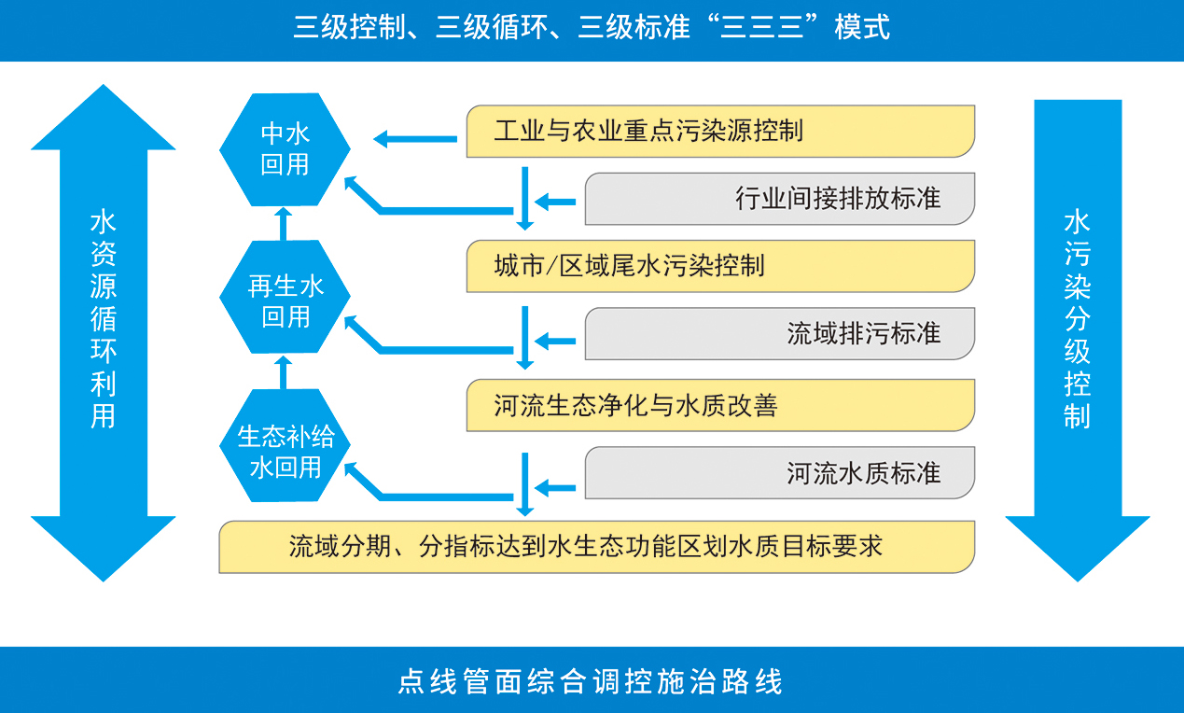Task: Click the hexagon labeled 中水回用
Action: (285, 149)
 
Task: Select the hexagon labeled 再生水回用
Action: (285, 297)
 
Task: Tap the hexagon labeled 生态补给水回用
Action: (285, 445)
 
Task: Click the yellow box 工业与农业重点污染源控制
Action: (720, 131)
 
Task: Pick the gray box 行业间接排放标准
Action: (780, 199)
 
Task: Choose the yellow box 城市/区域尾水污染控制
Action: (720, 266)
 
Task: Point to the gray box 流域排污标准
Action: (780, 333)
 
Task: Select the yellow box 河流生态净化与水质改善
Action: (720, 405)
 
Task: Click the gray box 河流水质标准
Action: (780, 472)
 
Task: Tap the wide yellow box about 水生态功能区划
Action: (597, 547)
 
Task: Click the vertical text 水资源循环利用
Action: (103, 319)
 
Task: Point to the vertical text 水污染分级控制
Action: (1078, 319)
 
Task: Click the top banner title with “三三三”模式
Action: (592, 27)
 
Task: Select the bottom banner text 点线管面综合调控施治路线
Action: (591, 681)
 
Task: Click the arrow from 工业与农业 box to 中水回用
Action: (415, 139)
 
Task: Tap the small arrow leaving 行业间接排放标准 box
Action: (555, 202)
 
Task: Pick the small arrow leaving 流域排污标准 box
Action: (555, 341)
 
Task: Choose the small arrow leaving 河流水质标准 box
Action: (555, 488)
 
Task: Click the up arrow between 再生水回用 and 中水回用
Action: (284, 224)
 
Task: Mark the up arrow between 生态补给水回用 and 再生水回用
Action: (284, 372)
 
